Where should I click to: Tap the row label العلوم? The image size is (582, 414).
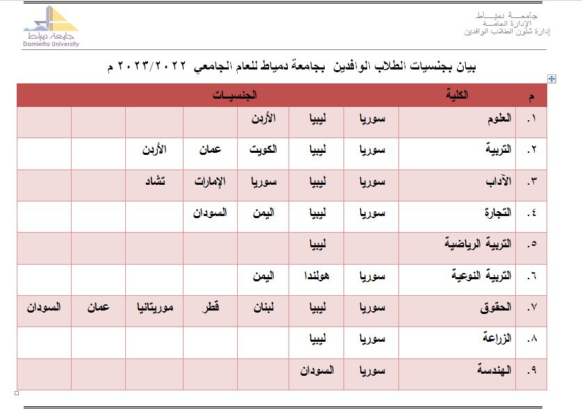point(499,119)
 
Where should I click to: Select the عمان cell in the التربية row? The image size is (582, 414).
point(210,149)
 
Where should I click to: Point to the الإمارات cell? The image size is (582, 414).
point(210,181)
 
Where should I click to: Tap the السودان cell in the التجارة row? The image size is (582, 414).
point(210,213)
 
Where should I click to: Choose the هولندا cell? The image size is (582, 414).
point(316,276)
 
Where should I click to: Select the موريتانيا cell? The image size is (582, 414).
point(154,306)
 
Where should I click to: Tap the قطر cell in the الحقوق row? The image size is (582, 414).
point(210,306)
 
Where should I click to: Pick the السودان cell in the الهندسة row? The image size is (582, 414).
point(316,370)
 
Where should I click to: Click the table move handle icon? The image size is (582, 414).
point(551,79)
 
